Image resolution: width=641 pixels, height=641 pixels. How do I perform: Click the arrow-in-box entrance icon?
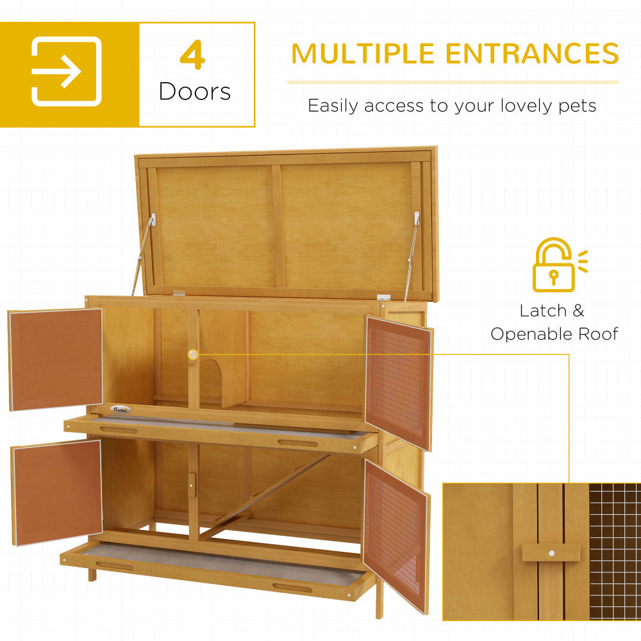(67, 72)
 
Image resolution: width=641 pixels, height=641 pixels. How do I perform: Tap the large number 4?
(192, 56)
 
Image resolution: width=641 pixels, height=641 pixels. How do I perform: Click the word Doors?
(195, 92)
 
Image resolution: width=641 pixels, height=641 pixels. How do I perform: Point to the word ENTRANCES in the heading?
(533, 54)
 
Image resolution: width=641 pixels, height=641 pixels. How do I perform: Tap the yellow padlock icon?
(554, 266)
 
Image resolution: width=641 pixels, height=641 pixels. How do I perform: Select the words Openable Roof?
(554, 334)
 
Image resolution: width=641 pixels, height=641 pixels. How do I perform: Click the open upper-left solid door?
(56, 359)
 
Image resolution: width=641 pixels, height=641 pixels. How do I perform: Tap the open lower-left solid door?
(57, 492)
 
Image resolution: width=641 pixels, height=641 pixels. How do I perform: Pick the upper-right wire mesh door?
(399, 382)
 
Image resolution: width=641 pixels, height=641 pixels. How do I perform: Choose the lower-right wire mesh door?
(395, 534)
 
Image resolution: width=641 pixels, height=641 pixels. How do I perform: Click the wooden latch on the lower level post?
(192, 485)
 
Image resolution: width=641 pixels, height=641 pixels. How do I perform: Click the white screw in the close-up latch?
(551, 552)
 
